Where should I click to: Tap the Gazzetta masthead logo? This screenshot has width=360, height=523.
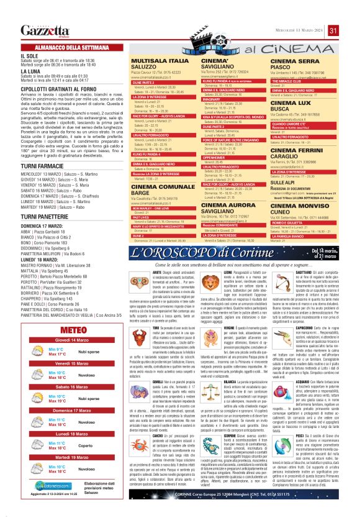click(43, 30)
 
